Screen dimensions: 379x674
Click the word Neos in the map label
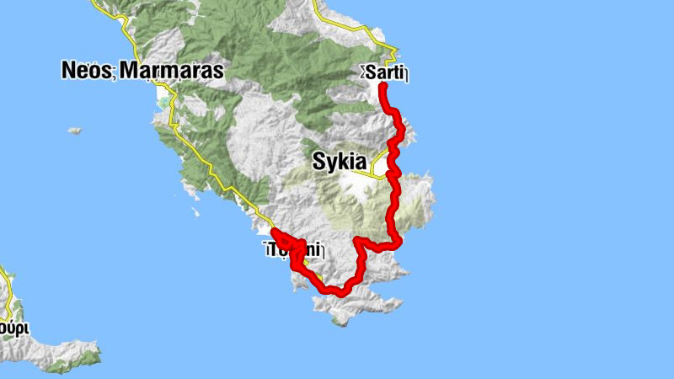point(87,71)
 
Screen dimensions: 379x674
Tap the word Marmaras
point(171,71)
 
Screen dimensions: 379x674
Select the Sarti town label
point(386,73)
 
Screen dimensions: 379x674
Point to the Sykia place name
point(340,162)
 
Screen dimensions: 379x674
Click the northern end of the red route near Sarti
point(382,86)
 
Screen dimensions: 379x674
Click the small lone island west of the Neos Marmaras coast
point(74,131)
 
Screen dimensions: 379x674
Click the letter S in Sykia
point(319,162)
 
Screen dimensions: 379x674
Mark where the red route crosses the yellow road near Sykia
point(392,173)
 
